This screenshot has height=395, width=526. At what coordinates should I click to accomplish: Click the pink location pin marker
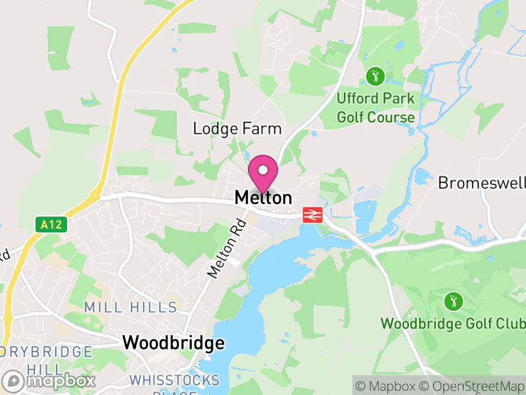pos(263,173)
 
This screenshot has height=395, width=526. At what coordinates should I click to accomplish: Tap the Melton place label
pos(263,197)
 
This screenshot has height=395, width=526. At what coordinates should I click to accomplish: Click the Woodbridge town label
pos(174,343)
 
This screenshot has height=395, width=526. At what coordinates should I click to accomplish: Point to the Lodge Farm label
pos(237,128)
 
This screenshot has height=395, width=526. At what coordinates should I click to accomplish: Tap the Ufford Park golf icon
pos(375,76)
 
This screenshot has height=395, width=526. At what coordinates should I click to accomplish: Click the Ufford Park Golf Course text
pos(376,108)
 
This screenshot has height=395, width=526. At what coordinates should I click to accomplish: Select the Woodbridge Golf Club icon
pos(453,302)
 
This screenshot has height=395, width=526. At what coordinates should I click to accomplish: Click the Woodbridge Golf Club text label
pos(453,324)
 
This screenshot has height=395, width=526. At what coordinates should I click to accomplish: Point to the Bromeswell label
pos(481,182)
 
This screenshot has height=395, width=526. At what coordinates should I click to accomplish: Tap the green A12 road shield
pos(51,224)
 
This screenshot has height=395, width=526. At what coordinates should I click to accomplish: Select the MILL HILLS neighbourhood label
pos(131,307)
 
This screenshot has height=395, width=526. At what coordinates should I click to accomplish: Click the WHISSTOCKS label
pos(174,380)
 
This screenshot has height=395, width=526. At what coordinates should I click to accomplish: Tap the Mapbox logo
pos(49,381)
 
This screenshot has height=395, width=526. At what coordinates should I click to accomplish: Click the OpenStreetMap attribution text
pos(471,384)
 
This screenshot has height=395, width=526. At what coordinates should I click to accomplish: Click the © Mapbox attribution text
pos(387,384)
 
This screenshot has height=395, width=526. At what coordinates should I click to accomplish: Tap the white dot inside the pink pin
pos(263,169)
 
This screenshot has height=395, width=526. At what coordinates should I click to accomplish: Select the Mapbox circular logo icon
pos(14,381)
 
